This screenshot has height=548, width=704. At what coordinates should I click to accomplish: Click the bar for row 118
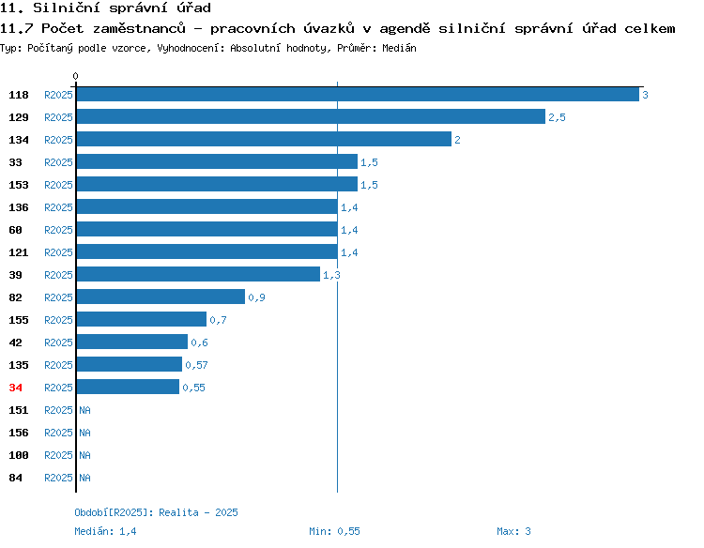click(358, 94)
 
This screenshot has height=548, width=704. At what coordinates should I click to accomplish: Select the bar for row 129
click(311, 116)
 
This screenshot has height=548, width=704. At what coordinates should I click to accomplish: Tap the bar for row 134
click(264, 139)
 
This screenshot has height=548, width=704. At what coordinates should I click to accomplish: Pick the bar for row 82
click(161, 297)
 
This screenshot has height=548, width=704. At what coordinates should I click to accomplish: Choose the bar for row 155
click(142, 319)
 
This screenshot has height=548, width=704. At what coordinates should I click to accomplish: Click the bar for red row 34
click(128, 387)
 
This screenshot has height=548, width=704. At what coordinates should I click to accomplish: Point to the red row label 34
click(15, 388)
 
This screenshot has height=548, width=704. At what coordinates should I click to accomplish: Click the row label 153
click(19, 185)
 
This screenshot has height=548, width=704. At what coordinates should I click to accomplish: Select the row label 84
click(15, 478)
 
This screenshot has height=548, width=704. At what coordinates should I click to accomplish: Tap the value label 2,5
click(557, 117)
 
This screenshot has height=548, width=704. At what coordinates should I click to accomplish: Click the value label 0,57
click(197, 365)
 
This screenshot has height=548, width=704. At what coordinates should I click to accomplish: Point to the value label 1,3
click(331, 275)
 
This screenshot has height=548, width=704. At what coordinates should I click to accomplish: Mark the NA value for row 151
click(84, 410)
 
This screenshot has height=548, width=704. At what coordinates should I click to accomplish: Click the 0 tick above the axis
click(75, 76)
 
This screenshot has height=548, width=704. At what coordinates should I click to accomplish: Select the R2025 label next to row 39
click(58, 275)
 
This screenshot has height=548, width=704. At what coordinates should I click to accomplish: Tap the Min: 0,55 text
click(334, 531)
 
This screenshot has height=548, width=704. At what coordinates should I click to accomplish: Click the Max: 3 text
click(513, 531)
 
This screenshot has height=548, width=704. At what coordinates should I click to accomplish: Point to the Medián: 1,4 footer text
click(105, 531)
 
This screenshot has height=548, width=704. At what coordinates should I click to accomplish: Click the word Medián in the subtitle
click(399, 48)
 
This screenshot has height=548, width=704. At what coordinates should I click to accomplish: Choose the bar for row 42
click(132, 342)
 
